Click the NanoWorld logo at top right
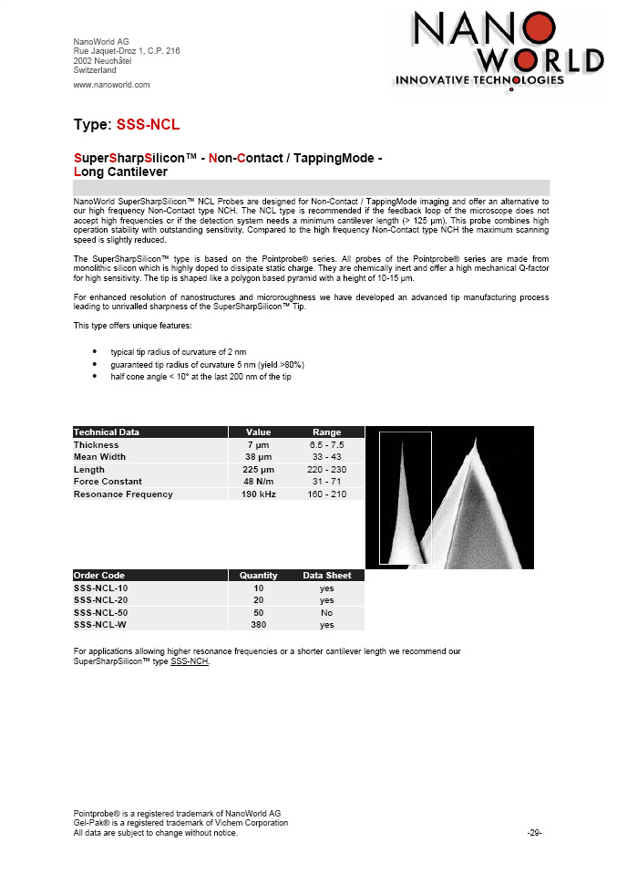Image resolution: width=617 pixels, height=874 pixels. coord(498,49)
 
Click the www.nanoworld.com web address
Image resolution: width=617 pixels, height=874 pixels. coord(111,85)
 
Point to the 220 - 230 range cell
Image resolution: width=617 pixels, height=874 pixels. coord(326,469)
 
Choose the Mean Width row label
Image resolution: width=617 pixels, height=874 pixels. coord(99,456)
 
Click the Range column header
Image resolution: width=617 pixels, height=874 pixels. coord(326,432)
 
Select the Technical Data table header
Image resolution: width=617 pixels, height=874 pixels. coord(107,432)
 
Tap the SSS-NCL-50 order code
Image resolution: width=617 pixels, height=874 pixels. coord(100,612)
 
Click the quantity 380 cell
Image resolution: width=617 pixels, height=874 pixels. coord(259,625)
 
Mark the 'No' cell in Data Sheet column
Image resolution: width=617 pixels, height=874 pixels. coord(326,612)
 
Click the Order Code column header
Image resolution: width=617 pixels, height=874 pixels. coord(99,576)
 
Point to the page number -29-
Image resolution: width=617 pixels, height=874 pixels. coord(535,833)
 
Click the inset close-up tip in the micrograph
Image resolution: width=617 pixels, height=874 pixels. coord(403,498)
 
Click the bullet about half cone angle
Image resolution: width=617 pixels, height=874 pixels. coord(201,377)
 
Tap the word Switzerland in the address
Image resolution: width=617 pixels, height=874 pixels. coord(94,70)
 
